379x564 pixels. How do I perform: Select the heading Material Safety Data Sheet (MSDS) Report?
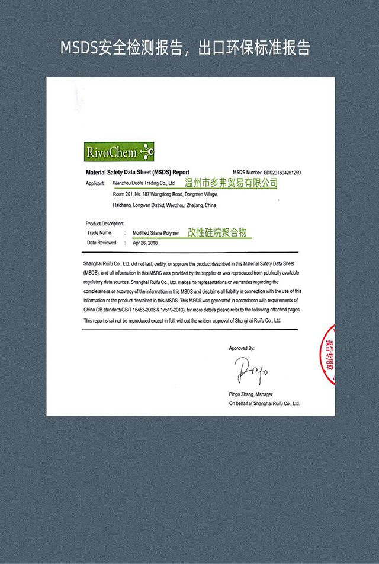[x=137, y=172]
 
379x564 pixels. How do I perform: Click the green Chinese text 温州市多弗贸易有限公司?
[x=231, y=183]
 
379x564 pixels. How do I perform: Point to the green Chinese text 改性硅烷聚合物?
[x=217, y=233]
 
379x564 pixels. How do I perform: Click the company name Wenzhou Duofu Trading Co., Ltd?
[x=144, y=184]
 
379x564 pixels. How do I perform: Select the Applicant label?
[x=95, y=184]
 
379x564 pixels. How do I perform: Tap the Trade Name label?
[x=99, y=233]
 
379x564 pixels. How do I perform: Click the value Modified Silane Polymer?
[x=156, y=234]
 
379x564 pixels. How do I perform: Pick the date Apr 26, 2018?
[x=145, y=243]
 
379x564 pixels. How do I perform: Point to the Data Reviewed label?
[x=102, y=243]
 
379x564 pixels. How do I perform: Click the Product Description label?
[x=105, y=224]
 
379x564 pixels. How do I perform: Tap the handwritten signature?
[x=251, y=370]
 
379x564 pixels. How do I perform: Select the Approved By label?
[x=242, y=349]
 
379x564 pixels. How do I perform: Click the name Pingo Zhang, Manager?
[x=250, y=394]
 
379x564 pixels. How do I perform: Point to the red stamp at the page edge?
[x=329, y=355]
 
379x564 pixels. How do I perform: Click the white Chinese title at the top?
[x=185, y=48]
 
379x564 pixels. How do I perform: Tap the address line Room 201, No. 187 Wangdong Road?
[x=165, y=194]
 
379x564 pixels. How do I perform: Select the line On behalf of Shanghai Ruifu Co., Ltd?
[x=264, y=403]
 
